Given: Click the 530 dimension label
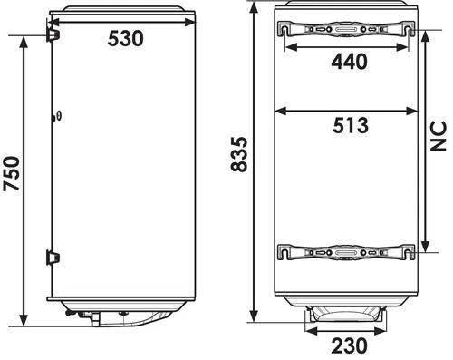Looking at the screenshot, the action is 125,39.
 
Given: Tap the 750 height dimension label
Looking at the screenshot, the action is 12,174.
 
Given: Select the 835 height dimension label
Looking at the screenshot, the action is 239,154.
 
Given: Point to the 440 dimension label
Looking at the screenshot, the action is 350,62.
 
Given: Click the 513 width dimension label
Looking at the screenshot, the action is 351,125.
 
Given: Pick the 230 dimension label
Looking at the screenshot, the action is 350,345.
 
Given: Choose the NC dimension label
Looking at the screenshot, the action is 439,136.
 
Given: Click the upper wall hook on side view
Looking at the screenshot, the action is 53,34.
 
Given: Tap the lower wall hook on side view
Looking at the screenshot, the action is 53,258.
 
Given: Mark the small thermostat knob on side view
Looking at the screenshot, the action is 57,116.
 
